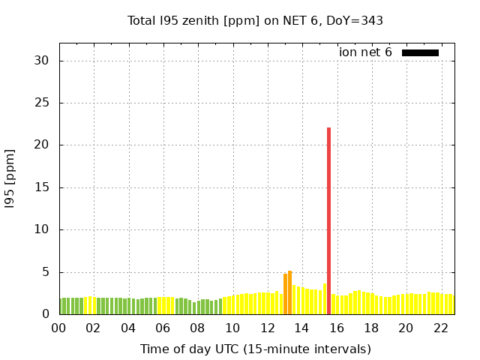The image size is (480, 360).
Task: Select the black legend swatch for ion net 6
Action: click(x=420, y=52)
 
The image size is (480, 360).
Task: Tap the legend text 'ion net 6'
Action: click(x=365, y=52)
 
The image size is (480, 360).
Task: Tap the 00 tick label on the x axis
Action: click(x=58, y=328)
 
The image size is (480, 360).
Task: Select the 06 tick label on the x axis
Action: click(x=163, y=328)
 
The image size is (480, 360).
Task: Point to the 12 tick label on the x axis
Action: click(x=267, y=328)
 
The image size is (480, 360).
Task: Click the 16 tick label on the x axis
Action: click(x=336, y=328)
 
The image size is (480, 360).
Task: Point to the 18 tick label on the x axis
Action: click(x=371, y=328)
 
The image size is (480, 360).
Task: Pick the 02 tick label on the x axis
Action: click(x=93, y=328)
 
